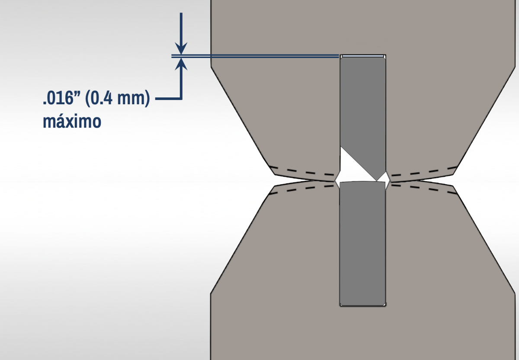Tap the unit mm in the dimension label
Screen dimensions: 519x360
tap(131, 99)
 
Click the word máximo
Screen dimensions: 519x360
tap(72, 121)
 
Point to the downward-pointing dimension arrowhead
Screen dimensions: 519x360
tap(181, 48)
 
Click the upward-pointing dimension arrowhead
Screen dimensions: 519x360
tap(181, 64)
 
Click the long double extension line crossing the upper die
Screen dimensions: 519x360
tap(255, 56)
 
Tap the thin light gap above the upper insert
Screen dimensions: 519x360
tap(363, 56)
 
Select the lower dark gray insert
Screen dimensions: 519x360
tap(362, 244)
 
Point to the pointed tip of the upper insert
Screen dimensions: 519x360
tap(377, 180)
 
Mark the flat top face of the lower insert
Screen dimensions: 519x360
tap(362, 182)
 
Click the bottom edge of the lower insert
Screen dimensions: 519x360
tap(363, 305)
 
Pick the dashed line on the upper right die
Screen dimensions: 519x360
tap(423, 171)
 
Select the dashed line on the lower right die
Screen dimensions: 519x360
tap(423, 190)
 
